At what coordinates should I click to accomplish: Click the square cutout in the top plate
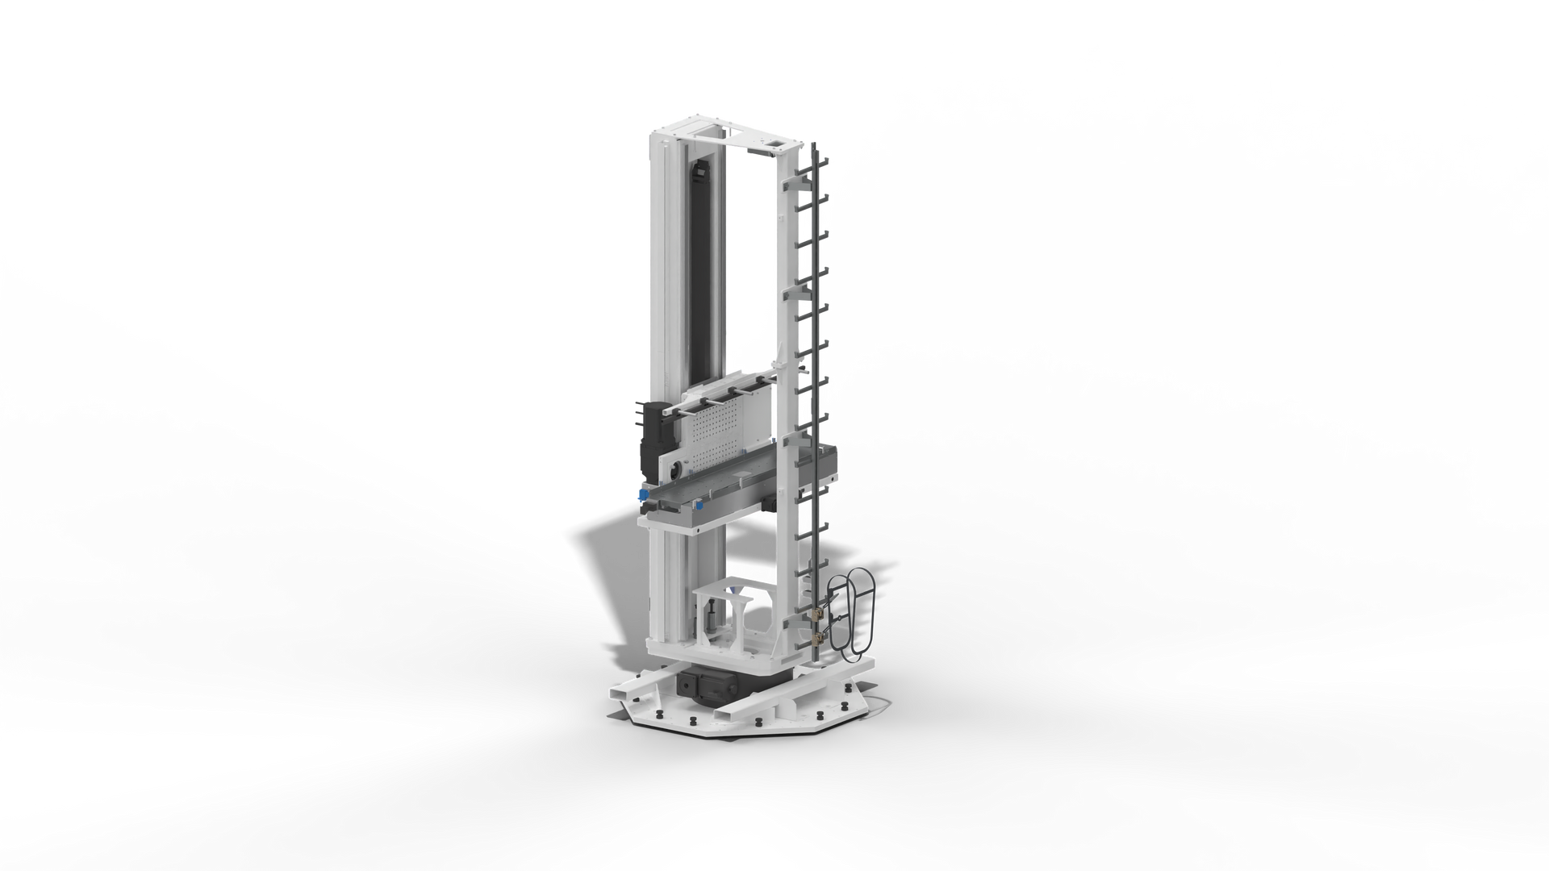click(777, 144)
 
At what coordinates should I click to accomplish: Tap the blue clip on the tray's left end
click(643, 494)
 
